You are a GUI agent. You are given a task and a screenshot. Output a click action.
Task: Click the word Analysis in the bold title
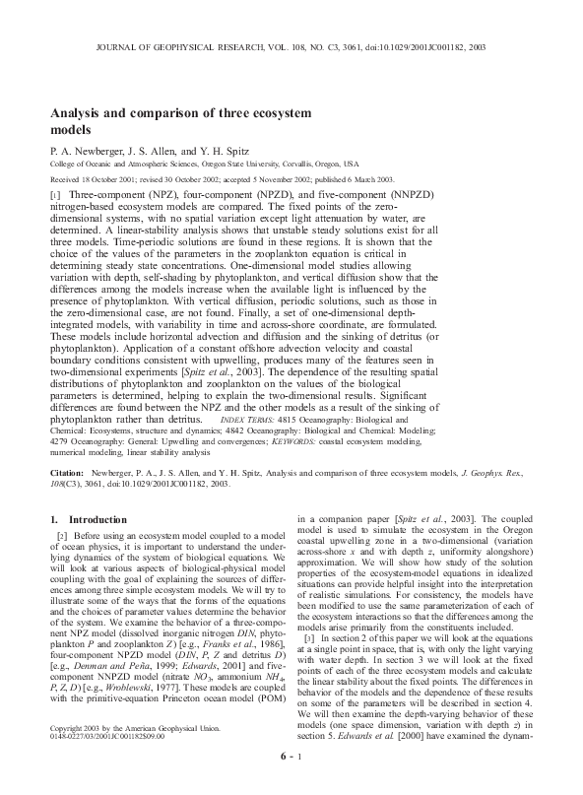tap(79, 112)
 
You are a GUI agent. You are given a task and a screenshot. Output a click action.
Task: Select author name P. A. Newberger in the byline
tap(89, 149)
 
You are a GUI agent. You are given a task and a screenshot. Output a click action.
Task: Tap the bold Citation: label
tap(70, 474)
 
